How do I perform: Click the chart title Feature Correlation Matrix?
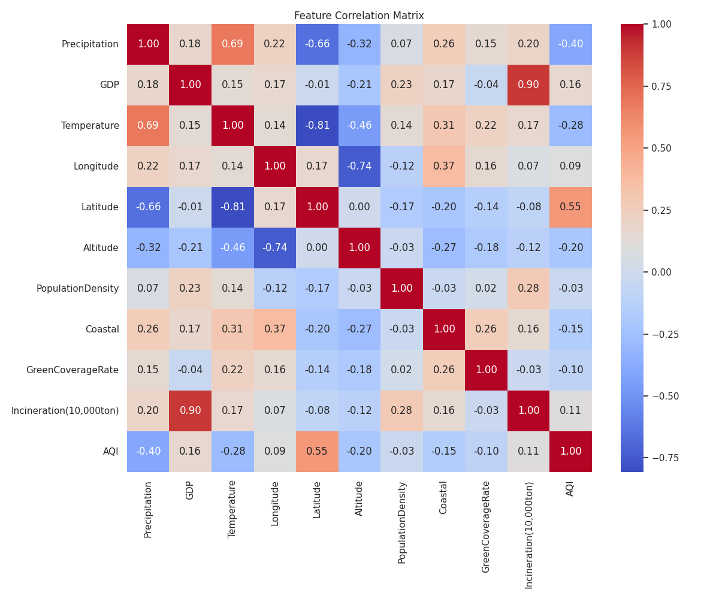point(359,16)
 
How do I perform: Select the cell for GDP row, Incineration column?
point(528,85)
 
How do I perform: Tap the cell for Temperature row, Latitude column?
point(317,126)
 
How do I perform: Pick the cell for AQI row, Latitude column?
point(317,452)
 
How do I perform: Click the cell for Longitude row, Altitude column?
point(359,167)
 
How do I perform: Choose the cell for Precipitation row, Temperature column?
point(232,44)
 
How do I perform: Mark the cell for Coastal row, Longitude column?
point(274,329)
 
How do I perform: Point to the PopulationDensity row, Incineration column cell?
point(528,289)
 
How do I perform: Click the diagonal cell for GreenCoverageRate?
point(486,370)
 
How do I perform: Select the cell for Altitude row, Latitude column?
point(317,248)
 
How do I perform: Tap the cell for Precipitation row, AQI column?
point(570,44)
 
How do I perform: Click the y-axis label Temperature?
point(90,126)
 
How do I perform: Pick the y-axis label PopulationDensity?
point(77,289)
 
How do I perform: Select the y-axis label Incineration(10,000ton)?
point(65,411)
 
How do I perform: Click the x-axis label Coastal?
point(443,497)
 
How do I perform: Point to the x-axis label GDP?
point(190,490)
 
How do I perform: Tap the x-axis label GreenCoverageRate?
point(486,527)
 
